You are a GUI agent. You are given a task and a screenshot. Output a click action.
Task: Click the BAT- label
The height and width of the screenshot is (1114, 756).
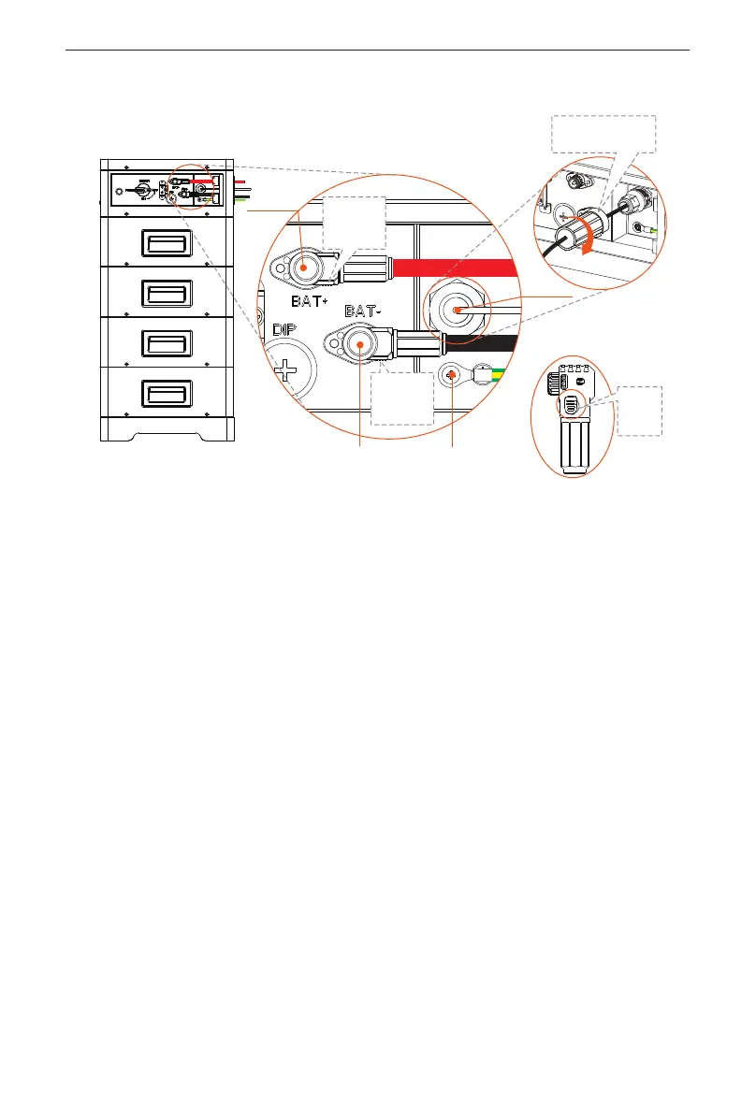pyautogui.click(x=368, y=310)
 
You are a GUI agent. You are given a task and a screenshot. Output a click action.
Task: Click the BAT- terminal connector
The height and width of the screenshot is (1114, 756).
pyautogui.click(x=359, y=345)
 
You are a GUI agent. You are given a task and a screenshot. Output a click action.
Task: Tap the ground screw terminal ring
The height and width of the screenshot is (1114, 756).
pyautogui.click(x=452, y=375)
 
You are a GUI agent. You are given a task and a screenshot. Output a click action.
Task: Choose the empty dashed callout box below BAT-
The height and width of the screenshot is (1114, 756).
pyautogui.click(x=402, y=398)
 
